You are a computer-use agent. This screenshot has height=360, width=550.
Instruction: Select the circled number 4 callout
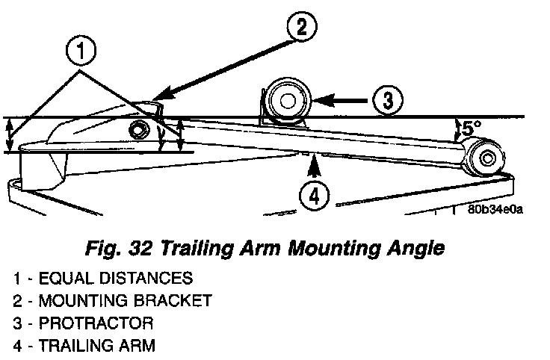point(314,196)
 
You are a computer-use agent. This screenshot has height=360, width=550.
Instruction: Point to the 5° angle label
point(469,128)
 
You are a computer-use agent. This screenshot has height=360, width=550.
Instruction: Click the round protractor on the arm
point(287,99)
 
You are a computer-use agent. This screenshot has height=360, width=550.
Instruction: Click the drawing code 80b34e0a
point(495,209)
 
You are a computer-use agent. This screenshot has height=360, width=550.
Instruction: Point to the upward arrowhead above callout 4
point(314,159)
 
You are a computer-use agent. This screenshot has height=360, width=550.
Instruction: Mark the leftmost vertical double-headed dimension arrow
point(9,134)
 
